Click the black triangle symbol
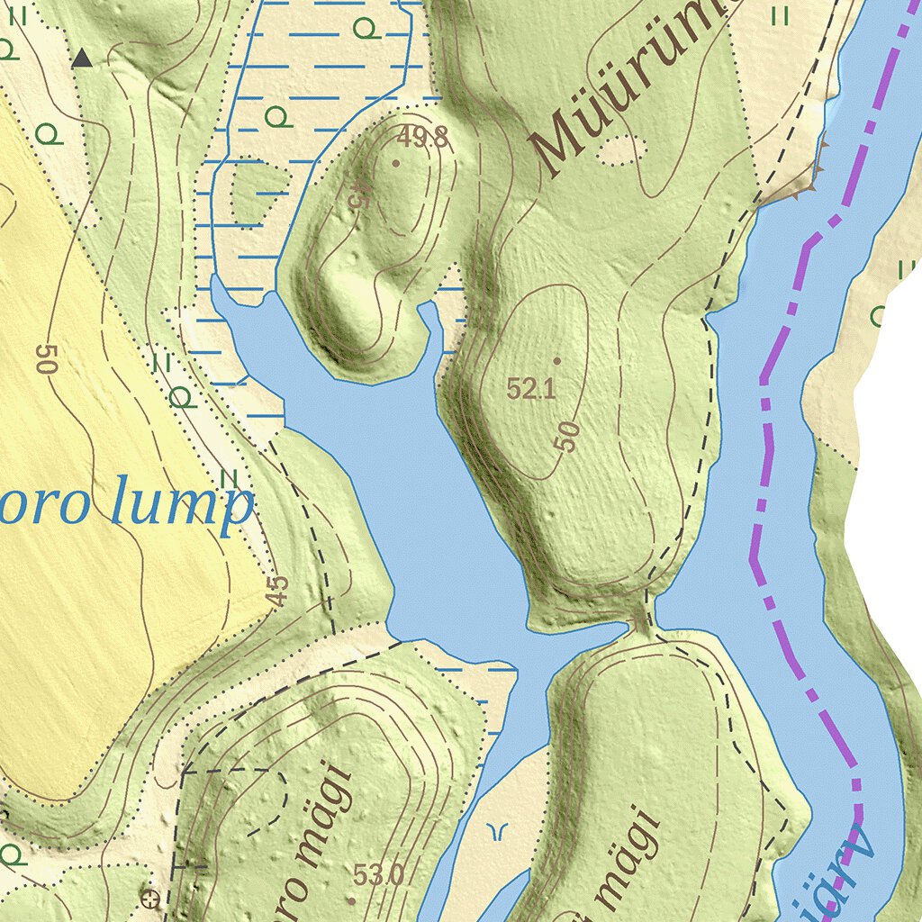coord(82,59)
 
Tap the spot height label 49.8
coord(423,138)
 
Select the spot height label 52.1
coord(530,389)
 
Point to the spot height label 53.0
coord(377,874)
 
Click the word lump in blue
coord(180,506)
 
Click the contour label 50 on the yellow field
coord(45,358)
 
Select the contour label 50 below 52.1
coord(567,437)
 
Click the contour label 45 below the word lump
coord(278,590)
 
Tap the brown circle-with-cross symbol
coord(151,897)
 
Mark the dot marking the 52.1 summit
coord(556,361)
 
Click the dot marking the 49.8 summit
coord(396,163)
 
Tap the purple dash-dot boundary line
coord(765,450)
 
